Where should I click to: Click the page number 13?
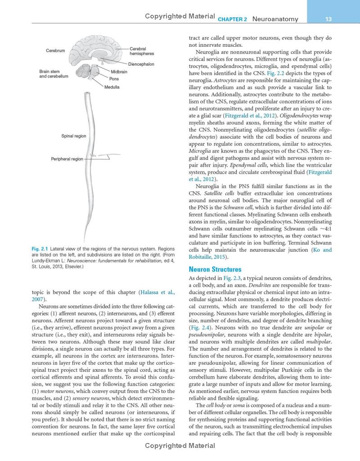pyautogui.click(x=328, y=19)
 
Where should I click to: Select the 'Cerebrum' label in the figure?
pyautogui.click(x=55, y=51)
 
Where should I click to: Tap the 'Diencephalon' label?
pyautogui.click(x=141, y=64)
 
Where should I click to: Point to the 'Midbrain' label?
pyautogui.click(x=119, y=72)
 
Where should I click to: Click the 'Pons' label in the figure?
pyautogui.click(x=114, y=79)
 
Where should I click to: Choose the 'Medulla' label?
pyautogui.click(x=112, y=87)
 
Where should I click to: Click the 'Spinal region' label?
pyautogui.click(x=74, y=136)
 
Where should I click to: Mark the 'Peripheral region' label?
pyautogui.click(x=67, y=159)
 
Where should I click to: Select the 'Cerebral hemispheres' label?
pyautogui.click(x=142, y=51)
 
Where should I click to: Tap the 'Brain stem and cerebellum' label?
pyautogui.click(x=54, y=74)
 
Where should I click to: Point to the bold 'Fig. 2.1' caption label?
pyautogui.click(x=40, y=249)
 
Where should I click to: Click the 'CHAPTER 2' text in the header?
pyautogui.click(x=232, y=20)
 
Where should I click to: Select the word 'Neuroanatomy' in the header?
pyautogui.click(x=275, y=19)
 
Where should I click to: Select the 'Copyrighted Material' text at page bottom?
pyautogui.click(x=180, y=446)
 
